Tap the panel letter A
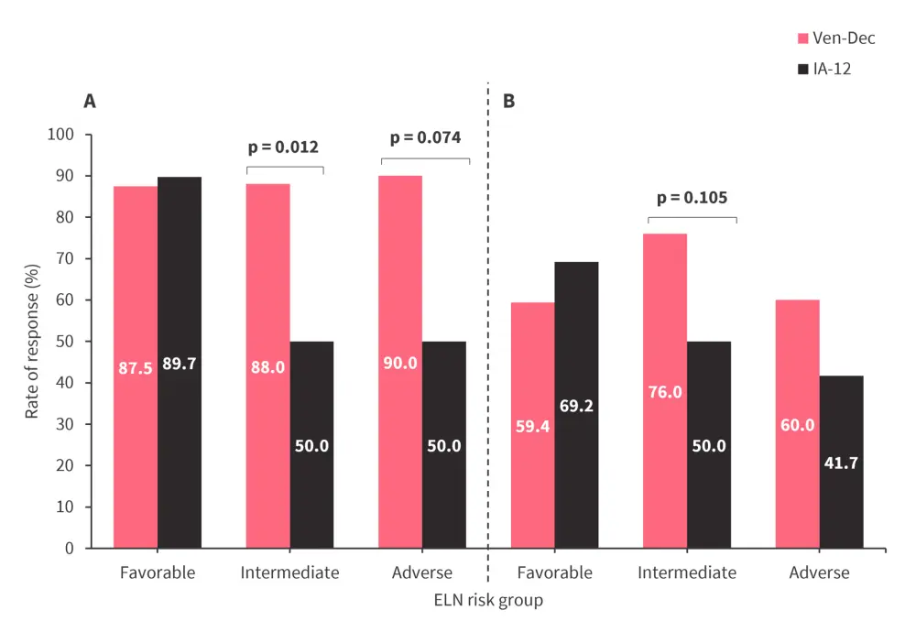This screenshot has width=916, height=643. pos(90,101)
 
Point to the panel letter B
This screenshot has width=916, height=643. pos(509,101)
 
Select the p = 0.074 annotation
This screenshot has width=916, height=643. pos(425,138)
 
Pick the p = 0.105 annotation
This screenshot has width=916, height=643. pos(692,198)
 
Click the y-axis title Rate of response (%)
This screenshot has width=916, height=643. pos(32,341)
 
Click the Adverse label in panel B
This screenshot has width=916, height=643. pos(819,573)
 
